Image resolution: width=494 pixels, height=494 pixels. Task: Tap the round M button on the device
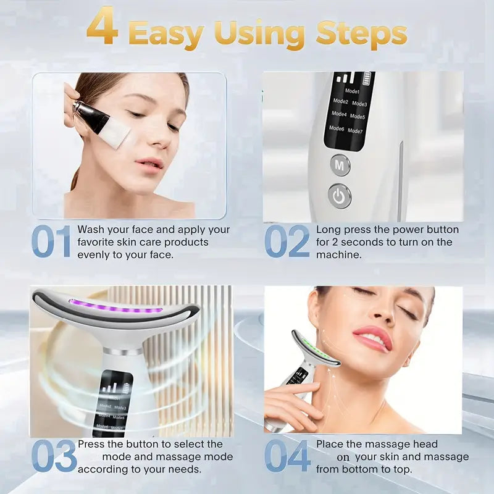tap(340, 165)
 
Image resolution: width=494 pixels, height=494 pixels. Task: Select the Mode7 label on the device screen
tap(355, 131)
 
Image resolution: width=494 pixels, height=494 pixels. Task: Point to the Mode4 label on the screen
tap(339, 114)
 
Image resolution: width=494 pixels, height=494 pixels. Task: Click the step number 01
tap(51, 241)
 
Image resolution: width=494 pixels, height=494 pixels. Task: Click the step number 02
tap(287, 241)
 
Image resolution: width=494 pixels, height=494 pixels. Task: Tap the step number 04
tap(287, 457)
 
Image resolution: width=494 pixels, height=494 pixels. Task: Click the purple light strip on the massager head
tap(115, 306)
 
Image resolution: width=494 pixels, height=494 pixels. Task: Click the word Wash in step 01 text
tap(90, 230)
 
